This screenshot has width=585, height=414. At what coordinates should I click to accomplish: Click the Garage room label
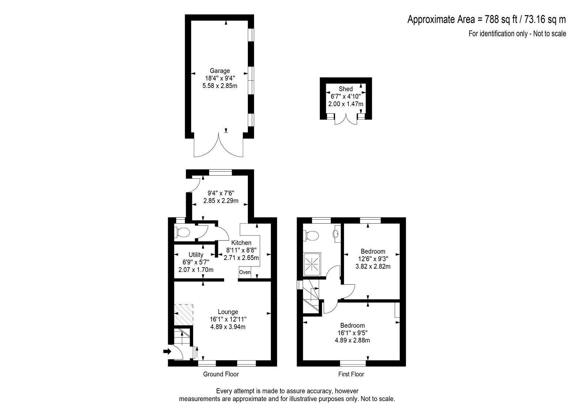click(220, 71)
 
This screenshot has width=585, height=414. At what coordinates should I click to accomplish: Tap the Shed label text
click(346, 89)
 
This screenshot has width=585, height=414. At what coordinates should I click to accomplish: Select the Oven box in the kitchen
click(245, 272)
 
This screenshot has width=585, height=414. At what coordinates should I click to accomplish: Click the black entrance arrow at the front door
click(167, 351)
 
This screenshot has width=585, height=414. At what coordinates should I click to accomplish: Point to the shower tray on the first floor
click(312, 264)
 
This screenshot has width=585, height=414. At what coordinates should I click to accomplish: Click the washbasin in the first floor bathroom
click(337, 234)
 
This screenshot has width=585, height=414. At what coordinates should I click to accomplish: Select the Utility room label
click(196, 255)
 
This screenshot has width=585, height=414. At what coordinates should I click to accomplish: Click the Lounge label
click(228, 312)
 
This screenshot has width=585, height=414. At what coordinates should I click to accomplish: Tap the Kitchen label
click(241, 243)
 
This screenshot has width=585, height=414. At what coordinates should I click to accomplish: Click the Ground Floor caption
click(221, 374)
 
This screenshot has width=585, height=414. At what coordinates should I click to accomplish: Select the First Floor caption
click(351, 374)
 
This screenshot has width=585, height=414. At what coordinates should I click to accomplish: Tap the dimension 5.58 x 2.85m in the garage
click(220, 86)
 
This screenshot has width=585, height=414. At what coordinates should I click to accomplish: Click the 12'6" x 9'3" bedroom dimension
click(373, 259)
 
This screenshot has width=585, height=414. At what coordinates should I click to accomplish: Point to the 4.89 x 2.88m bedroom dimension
click(352, 340)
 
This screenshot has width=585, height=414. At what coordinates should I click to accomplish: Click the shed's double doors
click(346, 120)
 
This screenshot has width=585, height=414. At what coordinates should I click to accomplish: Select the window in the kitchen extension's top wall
click(221, 173)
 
